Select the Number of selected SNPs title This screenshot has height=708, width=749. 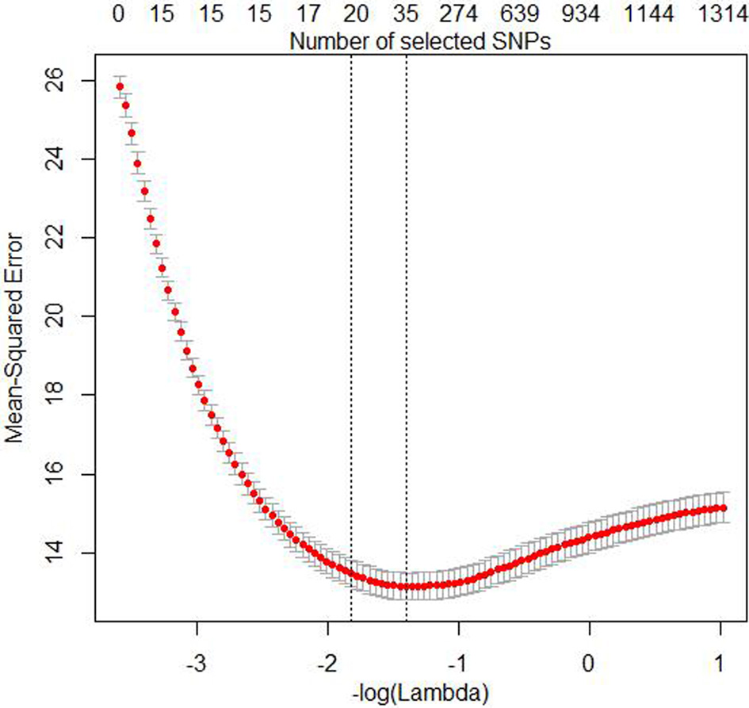coord(420,41)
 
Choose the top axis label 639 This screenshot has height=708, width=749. coord(522,14)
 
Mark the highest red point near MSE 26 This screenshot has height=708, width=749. coord(120,86)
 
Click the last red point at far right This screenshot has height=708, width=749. coord(722,507)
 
